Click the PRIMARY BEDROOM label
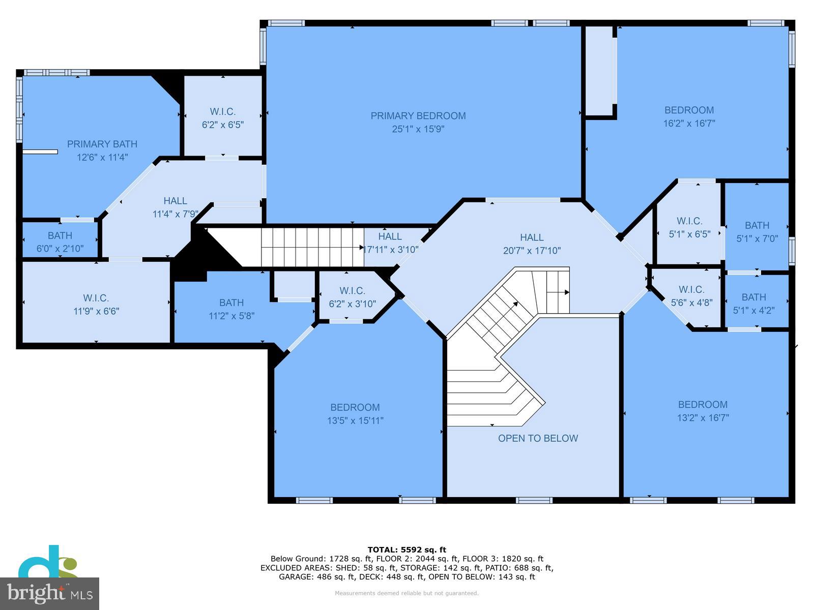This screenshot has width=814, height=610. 418,116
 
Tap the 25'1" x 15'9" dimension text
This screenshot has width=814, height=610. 418,129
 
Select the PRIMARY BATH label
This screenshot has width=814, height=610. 102,144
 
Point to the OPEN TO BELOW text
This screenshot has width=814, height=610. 538,438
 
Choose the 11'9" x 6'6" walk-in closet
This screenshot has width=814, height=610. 96,304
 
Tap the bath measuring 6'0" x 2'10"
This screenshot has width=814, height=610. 60,241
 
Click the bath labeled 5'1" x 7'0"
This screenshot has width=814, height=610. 757,231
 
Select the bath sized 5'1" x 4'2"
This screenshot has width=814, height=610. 753,303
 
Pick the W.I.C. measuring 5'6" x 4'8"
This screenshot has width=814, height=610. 691,295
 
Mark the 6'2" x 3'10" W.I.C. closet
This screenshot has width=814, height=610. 352,297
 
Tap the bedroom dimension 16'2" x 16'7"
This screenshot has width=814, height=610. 689,123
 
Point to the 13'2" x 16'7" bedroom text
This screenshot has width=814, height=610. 703,418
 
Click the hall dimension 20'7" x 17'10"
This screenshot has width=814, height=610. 532,251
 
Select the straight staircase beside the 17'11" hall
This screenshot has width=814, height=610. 311,247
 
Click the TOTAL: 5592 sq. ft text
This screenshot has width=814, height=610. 406,550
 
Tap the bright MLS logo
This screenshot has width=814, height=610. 49,593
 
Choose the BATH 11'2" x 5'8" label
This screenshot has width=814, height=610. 231,309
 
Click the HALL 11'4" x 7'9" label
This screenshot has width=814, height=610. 175,207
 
